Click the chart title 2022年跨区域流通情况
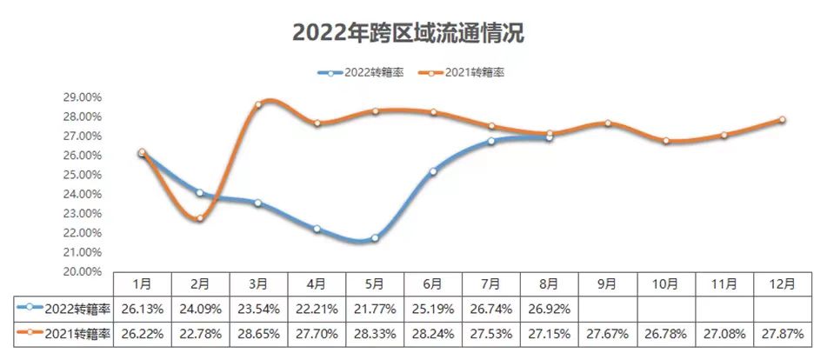pyautogui.click(x=408, y=33)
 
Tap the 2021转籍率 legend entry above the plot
pyautogui.click(x=462, y=73)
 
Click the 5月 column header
pyautogui.click(x=375, y=283)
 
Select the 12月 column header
pyautogui.click(x=782, y=283)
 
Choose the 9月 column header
pyautogui.click(x=607, y=283)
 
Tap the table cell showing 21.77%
pyautogui.click(x=375, y=308)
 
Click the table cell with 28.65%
pyautogui.click(x=258, y=334)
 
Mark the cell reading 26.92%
pyautogui.click(x=550, y=308)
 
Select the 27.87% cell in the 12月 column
pyautogui.click(x=782, y=334)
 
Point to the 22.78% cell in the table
pyautogui.click(x=200, y=334)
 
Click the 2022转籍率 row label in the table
pyautogui.click(x=64, y=308)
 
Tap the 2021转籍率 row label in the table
pyautogui.click(x=64, y=334)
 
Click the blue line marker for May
pyautogui.click(x=375, y=237)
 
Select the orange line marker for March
pyautogui.click(x=258, y=104)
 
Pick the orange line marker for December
pyautogui.click(x=782, y=120)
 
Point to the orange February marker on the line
pyautogui.click(x=200, y=218)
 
